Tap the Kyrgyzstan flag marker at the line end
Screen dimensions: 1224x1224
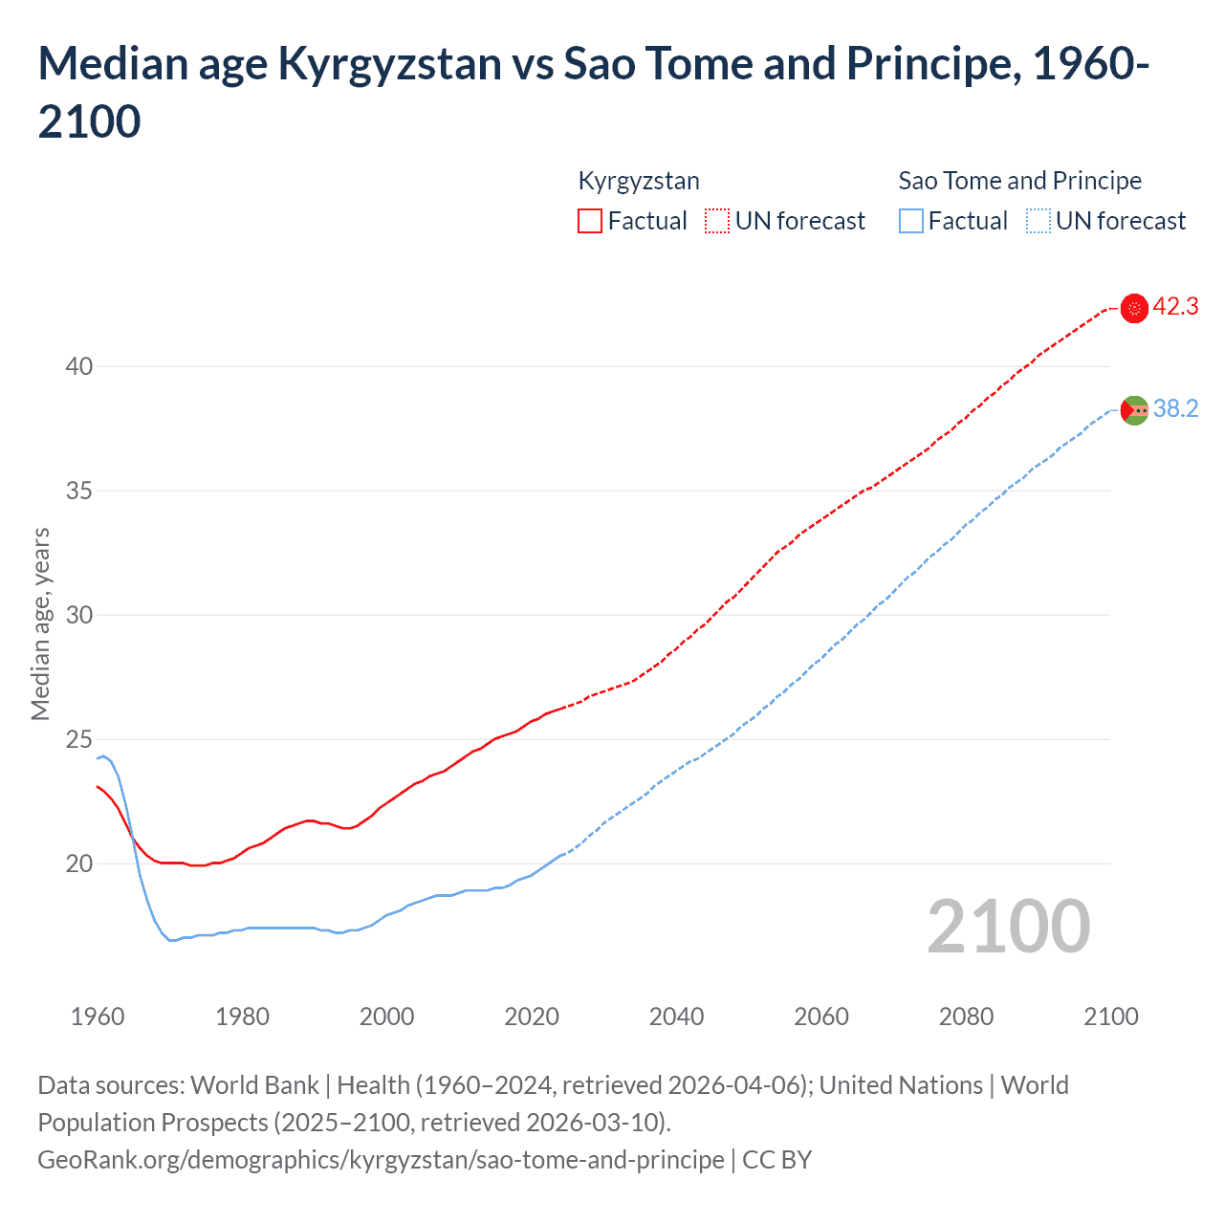(x=1134, y=308)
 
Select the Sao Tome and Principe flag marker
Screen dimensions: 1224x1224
(x=1134, y=410)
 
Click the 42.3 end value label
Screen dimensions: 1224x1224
(x=1175, y=307)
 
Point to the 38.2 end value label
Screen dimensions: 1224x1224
(x=1175, y=409)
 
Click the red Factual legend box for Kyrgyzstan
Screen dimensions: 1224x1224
(x=590, y=221)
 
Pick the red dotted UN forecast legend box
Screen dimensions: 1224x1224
(x=717, y=221)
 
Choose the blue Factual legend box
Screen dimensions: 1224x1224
(x=911, y=221)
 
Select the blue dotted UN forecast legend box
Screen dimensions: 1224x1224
(x=1038, y=221)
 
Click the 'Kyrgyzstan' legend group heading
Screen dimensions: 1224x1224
(x=639, y=181)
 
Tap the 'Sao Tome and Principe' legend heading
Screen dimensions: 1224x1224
(x=1019, y=181)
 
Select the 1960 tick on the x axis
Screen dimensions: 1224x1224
(x=98, y=1016)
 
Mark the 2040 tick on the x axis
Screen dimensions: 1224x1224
(x=676, y=1016)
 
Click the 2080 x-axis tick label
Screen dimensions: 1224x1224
(x=966, y=1016)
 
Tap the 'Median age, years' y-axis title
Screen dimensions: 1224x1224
(x=40, y=623)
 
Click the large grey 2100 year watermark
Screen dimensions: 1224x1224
(x=1008, y=927)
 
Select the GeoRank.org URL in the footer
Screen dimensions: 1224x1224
(x=381, y=1160)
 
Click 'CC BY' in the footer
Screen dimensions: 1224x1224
(x=776, y=1160)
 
